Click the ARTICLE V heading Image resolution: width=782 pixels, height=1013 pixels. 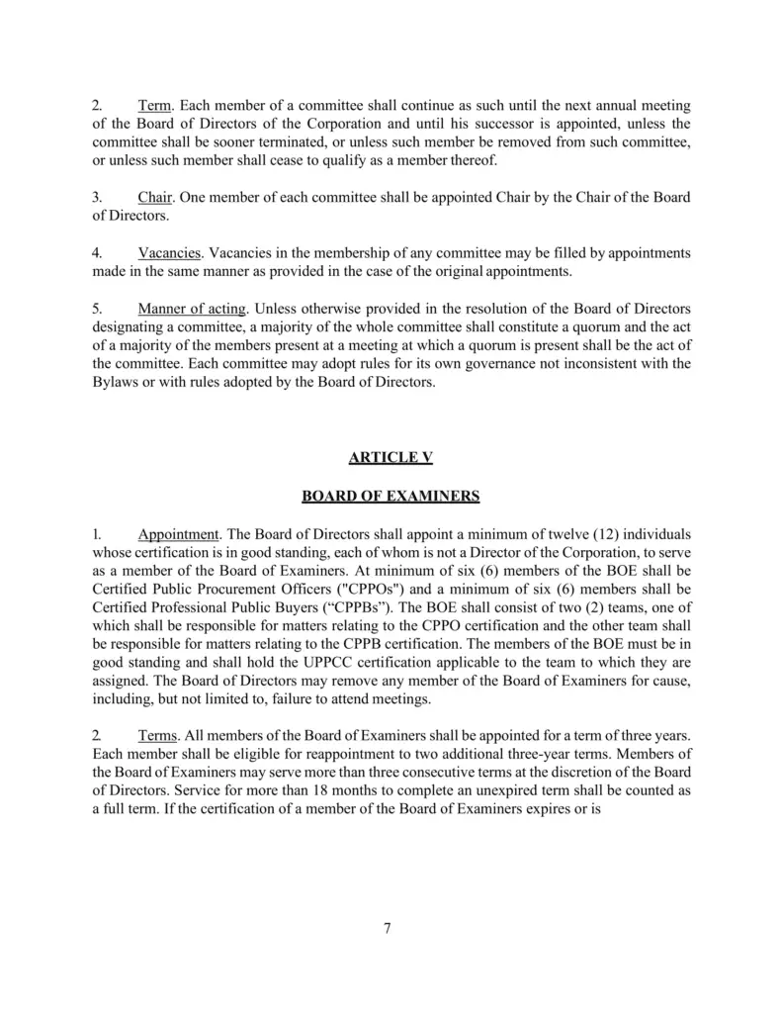coord(391,457)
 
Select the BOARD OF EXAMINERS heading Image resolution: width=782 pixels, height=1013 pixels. coord(391,496)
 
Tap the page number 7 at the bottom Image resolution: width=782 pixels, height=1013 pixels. coord(388,927)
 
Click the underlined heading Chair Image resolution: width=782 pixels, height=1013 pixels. coord(156,198)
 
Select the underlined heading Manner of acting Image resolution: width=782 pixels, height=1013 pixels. coord(192,309)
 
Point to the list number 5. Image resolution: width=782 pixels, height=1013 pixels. coord(97,309)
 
